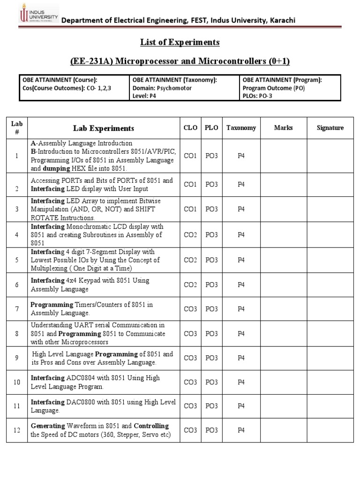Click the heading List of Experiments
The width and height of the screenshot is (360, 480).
180,42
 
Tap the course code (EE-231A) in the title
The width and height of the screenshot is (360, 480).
90,62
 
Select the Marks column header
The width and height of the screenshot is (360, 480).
283,128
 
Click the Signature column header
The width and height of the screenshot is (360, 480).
330,128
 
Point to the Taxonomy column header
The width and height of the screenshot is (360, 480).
241,128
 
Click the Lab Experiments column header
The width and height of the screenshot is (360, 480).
103,128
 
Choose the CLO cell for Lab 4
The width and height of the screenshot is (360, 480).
190,235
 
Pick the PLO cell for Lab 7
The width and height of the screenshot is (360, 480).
212,309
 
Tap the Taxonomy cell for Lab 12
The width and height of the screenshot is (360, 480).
241,431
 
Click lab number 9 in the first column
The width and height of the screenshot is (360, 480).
17,358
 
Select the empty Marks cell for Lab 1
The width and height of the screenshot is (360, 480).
283,156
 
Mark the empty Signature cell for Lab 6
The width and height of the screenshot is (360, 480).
330,285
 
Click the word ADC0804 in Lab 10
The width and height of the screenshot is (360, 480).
82,378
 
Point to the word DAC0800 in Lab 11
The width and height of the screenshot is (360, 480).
82,402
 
